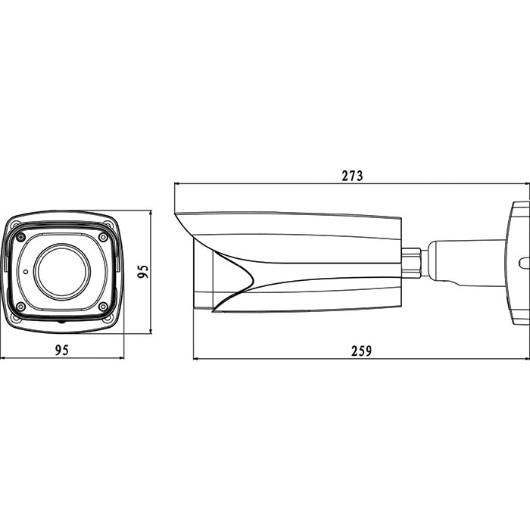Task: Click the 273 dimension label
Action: [x=352, y=176]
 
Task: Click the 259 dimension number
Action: [x=361, y=351]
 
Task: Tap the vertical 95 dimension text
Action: [x=143, y=271]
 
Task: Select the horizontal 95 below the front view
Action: [x=62, y=350]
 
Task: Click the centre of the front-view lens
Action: [x=62, y=271]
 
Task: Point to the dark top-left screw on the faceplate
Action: [x=21, y=238]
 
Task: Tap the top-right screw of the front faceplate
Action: [x=103, y=237]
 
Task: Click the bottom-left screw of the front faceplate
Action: [x=20, y=307]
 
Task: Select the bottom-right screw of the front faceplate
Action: [x=103, y=307]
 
